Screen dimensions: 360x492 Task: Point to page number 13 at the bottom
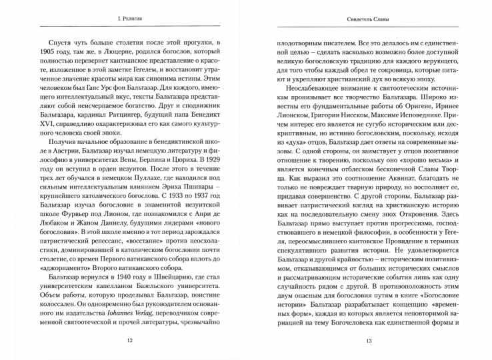tap(369, 342)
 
